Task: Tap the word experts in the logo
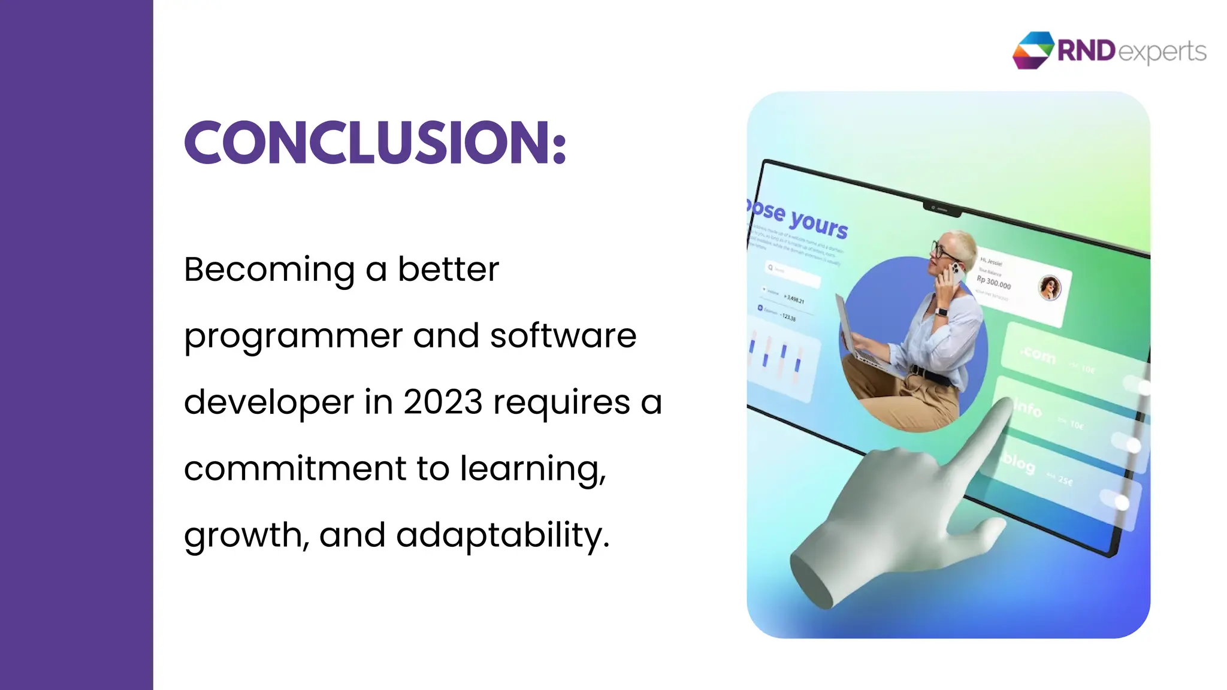tap(1162, 52)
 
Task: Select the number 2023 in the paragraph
tap(443, 402)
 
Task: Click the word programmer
tap(293, 337)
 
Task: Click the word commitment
tap(295, 468)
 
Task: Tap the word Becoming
tap(269, 270)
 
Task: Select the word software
tap(563, 335)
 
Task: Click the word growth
tap(246, 535)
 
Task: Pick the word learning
tap(533, 468)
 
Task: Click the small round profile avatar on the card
tap(1049, 288)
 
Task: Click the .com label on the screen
tap(1038, 355)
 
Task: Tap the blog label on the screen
tap(1019, 462)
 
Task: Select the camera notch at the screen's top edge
tap(941, 208)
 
